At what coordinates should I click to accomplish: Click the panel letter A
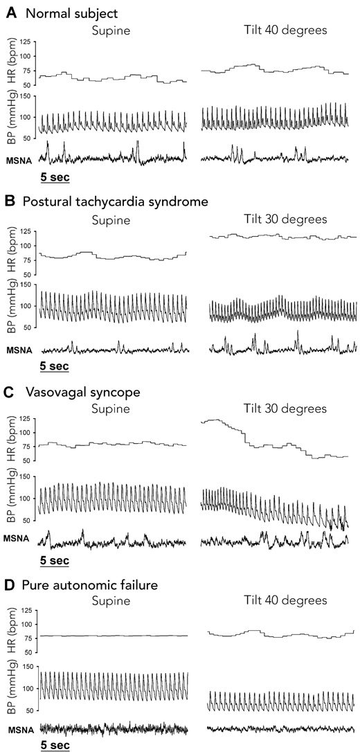(x=10, y=12)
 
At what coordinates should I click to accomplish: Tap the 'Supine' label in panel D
(x=111, y=602)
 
